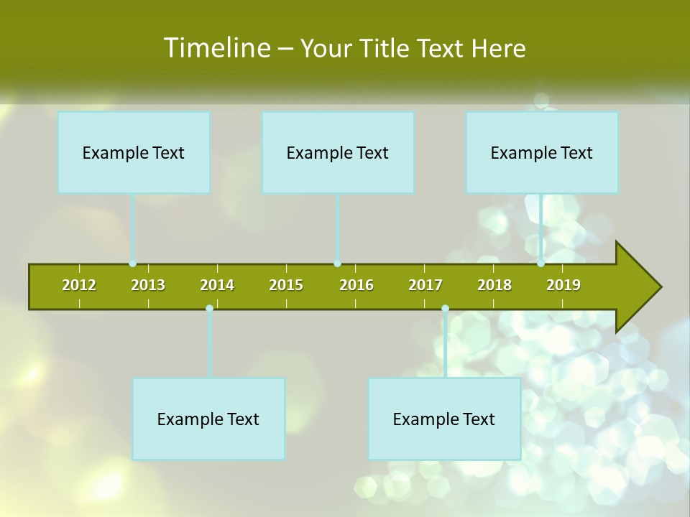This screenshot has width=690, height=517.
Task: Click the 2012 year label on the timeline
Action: point(79,285)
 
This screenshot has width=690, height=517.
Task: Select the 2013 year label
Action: point(148,285)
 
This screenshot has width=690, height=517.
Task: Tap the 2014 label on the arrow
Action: point(217,285)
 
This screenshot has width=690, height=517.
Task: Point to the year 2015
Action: point(286,285)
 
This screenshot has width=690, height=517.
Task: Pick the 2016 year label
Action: point(356,285)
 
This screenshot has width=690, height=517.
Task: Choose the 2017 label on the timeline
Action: point(425,285)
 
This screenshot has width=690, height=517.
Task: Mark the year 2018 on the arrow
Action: point(494,285)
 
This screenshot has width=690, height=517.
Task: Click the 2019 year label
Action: point(563,285)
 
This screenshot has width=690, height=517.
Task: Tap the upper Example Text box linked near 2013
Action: point(134,152)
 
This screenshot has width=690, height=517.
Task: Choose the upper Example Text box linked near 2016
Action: point(338,152)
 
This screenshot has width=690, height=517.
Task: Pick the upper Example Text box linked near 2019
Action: point(542,152)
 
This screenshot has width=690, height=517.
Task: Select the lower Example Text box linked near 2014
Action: point(208,419)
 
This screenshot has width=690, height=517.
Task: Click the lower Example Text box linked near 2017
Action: point(444,419)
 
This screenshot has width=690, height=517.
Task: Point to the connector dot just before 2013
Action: point(133,264)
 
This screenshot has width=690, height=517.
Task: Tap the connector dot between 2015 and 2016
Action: point(338,264)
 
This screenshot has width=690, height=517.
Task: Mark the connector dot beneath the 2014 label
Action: point(209,309)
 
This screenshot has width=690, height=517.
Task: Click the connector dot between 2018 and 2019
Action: point(541,264)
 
